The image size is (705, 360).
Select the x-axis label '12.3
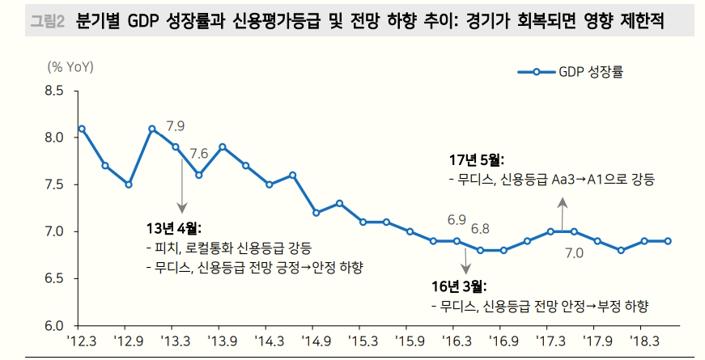[82, 341]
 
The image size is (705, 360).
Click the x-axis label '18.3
[644, 341]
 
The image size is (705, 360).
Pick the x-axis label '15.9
[410, 341]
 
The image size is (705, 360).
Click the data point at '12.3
[82, 129]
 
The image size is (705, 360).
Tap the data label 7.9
[176, 126]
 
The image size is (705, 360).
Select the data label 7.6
[199, 154]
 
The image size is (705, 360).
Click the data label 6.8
[480, 230]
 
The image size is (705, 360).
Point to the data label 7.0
[575, 253]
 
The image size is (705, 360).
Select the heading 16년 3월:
[460, 286]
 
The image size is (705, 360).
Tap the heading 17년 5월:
[476, 159]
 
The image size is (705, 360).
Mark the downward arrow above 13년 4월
[181, 194]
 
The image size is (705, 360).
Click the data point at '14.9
[316, 213]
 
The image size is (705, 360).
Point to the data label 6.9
[457, 219]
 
